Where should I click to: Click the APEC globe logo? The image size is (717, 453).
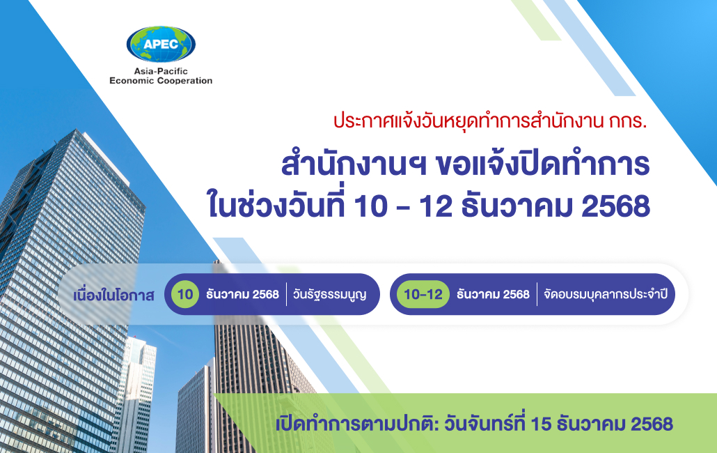[x=161, y=45]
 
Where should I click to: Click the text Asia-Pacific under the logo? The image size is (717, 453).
[x=161, y=71]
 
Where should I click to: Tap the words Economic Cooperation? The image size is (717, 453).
[x=161, y=81]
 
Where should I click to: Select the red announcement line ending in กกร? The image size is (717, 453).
[x=490, y=120]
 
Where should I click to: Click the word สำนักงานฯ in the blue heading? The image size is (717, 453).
[x=352, y=165]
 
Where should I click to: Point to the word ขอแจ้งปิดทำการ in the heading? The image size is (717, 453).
[x=541, y=165]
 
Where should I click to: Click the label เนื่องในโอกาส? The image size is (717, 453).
[x=113, y=294]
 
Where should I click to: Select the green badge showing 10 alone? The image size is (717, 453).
[x=185, y=294]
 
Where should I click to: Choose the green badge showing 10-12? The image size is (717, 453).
[x=423, y=294]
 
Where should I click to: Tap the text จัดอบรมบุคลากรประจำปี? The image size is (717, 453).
[x=606, y=294]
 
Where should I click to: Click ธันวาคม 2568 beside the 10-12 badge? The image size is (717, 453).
[x=493, y=294]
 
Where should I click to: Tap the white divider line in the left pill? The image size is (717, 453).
[x=286, y=294]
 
